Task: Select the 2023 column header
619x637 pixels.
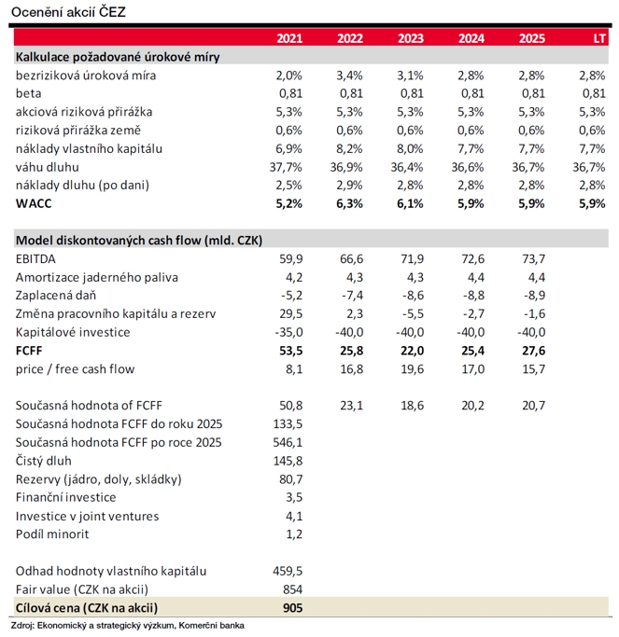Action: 410,39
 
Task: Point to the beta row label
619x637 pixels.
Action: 30,93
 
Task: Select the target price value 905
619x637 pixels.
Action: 293,608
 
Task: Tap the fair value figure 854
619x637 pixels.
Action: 293,589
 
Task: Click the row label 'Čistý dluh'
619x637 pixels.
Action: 44,461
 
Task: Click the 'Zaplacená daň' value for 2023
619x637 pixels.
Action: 410,296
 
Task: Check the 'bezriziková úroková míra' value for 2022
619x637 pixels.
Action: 349,75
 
